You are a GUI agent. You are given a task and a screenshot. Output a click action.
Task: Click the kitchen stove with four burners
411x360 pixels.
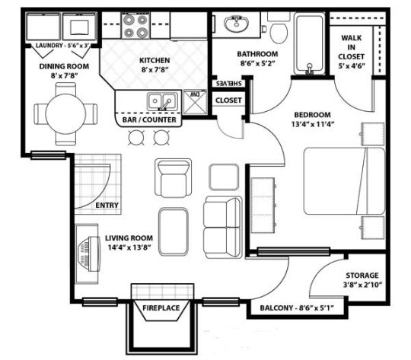pos(136,28)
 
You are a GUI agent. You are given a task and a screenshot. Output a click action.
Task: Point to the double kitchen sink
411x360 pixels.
pos(160,100)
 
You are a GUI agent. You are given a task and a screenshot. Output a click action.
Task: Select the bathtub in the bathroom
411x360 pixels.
pos(307,42)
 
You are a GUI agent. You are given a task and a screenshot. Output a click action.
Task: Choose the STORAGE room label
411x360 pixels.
pos(362,276)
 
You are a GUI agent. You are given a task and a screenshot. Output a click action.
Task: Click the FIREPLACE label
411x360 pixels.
pos(161,307)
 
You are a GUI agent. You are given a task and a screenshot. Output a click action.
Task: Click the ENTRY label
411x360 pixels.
pos(107,205)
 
